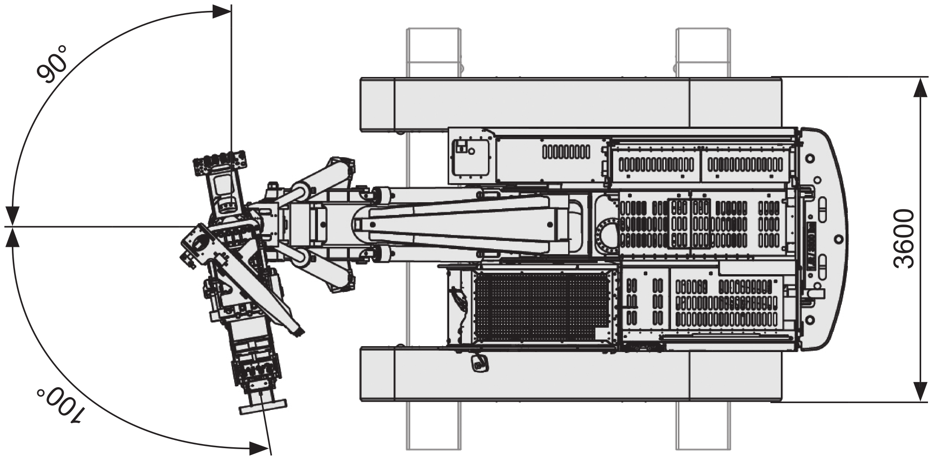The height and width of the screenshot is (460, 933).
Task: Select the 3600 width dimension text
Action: (903, 239)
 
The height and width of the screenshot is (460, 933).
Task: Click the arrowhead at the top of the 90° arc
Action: (222, 11)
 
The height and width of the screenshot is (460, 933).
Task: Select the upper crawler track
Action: (571, 104)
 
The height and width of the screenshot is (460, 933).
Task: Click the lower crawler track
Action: (571, 374)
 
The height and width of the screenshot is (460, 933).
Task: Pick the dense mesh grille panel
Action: (542, 307)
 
